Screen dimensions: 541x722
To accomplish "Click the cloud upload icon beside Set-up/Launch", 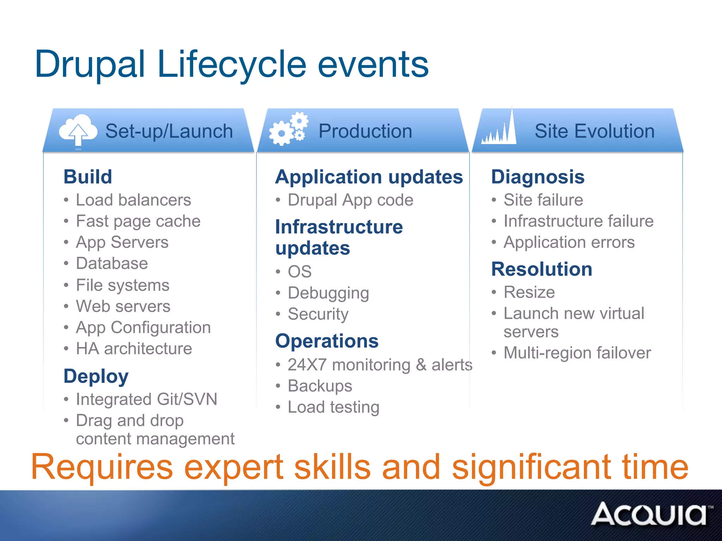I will [78, 130].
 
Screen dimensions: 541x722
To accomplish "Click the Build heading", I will [88, 176].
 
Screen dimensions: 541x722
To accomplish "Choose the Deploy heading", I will [96, 376].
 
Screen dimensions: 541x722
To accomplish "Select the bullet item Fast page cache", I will [138, 221].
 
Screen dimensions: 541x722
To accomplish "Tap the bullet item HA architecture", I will [134, 349].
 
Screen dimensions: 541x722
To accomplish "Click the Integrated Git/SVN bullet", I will [146, 399].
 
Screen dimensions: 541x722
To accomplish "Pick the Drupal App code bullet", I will [350, 200].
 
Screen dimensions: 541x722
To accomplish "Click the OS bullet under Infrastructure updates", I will [300, 272].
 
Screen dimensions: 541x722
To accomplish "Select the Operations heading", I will [327, 341].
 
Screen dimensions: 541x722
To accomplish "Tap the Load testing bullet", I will [334, 407].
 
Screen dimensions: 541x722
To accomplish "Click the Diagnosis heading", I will [538, 176].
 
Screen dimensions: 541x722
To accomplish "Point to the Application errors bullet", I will [569, 242].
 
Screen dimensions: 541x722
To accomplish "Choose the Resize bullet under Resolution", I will [529, 292].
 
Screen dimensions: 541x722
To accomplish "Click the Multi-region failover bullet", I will [577, 353].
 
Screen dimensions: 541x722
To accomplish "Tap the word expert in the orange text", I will [234, 467].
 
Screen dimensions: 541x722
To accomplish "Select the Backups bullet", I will [320, 386].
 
